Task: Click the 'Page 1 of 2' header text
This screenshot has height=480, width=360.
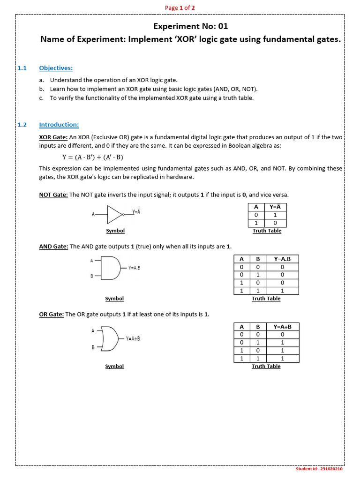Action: point(180,7)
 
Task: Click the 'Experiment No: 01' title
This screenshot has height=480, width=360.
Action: point(191,26)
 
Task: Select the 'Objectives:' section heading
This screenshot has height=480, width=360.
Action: point(56,68)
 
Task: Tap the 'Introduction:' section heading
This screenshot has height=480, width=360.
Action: point(59,125)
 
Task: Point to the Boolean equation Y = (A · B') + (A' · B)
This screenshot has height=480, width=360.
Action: point(93,157)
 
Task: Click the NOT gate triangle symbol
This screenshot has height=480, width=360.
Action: point(114,214)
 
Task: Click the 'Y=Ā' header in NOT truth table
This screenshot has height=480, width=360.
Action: point(276,207)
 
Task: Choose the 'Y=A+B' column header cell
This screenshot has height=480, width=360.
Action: point(282,327)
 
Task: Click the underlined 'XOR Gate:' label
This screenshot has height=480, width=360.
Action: point(53,137)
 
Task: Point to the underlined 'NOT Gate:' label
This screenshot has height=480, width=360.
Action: point(53,195)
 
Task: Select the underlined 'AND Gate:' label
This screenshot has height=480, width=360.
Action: point(53,247)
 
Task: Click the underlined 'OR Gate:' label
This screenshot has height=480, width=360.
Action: point(51,315)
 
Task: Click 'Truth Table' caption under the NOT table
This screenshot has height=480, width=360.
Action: point(267,231)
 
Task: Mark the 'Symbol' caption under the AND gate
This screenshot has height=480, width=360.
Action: point(114,299)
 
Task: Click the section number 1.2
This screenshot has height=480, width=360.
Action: point(22,125)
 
